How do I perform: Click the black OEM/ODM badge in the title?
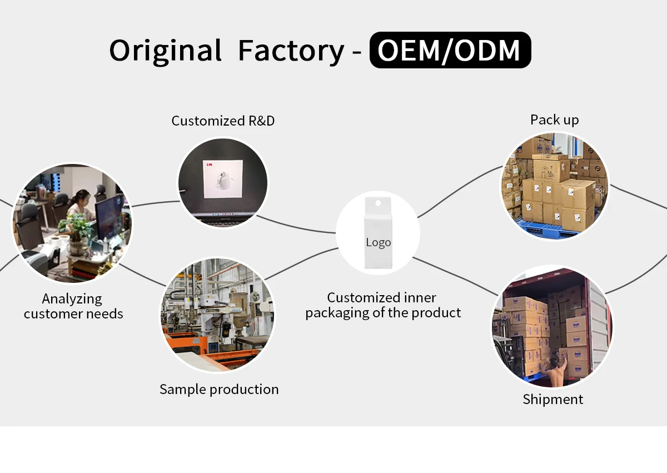450,50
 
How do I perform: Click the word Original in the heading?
165,51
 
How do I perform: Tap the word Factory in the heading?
291,51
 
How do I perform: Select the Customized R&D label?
223,121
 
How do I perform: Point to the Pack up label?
554,120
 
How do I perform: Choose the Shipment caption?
553,399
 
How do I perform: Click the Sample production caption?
219,389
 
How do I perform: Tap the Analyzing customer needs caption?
73,306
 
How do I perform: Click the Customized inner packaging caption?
383,305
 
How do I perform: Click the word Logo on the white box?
379,242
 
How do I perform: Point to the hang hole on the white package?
378,205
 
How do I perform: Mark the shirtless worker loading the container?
556,370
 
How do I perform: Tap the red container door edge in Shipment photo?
608,322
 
